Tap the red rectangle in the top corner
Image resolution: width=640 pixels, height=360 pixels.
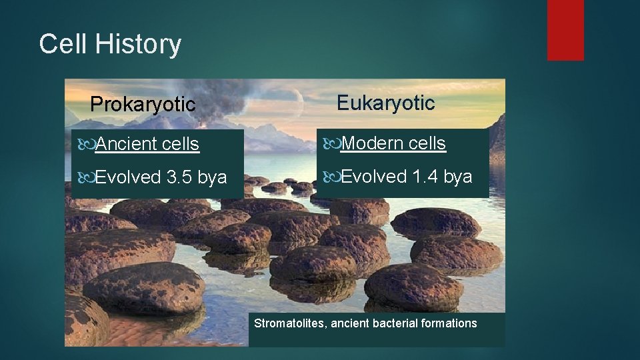pyautogui.click(x=565, y=30)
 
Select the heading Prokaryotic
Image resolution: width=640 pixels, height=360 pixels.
pyautogui.click(x=143, y=105)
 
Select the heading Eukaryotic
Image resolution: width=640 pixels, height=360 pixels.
pyautogui.click(x=385, y=103)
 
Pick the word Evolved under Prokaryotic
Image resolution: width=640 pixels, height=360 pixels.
pyautogui.click(x=129, y=177)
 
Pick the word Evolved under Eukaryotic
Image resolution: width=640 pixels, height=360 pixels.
pyautogui.click(x=374, y=177)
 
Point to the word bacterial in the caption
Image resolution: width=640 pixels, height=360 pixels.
pyautogui.click(x=397, y=323)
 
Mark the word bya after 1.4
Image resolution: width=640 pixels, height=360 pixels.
pyautogui.click(x=458, y=177)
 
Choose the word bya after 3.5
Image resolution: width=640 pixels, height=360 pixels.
pyautogui.click(x=213, y=177)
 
